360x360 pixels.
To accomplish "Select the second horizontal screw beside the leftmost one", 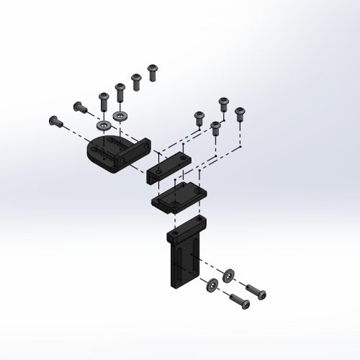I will [79, 107].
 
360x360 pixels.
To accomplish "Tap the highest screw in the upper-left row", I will [153, 71].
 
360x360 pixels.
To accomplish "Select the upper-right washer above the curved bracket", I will [119, 115].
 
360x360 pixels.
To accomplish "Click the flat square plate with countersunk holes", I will [180, 197].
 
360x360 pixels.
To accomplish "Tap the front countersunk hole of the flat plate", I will [176, 206].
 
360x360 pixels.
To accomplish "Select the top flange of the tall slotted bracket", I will [186, 226].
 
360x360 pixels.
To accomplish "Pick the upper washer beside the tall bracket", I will [228, 274].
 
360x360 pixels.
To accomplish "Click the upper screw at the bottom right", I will [256, 292].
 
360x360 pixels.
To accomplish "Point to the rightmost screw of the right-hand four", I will [240, 113].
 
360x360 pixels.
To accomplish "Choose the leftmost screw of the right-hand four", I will [199, 116].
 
